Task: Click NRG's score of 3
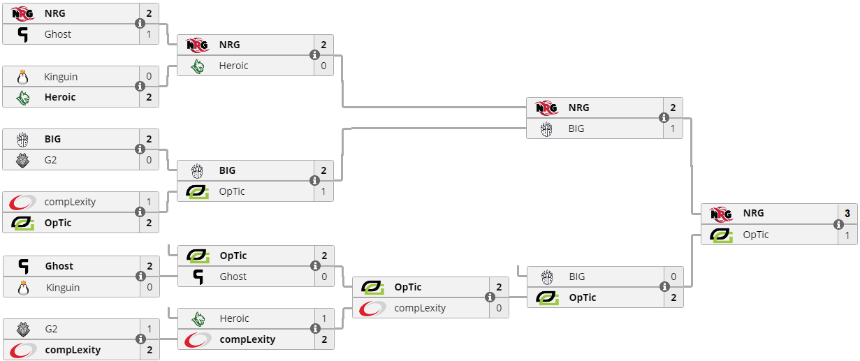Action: point(847,214)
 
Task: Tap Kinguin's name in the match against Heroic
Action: point(60,76)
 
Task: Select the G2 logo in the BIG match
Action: point(23,160)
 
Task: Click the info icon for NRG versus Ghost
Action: point(140,24)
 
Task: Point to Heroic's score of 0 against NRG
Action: point(323,66)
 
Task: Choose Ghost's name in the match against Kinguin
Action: point(59,266)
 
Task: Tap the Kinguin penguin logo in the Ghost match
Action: point(23,287)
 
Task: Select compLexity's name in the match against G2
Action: point(73,350)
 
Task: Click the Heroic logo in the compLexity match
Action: point(198,318)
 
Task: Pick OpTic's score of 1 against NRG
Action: point(847,235)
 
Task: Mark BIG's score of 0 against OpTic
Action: point(673,277)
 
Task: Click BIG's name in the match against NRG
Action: point(576,128)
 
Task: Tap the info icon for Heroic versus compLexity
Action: point(315,329)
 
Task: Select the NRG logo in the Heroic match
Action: point(198,45)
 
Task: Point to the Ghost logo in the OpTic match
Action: point(198,277)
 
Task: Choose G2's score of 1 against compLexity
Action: point(149,329)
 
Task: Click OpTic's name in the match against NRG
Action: point(756,235)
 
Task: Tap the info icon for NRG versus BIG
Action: point(664,118)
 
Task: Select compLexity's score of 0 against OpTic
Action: point(498,308)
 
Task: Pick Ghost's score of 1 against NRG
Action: point(149,34)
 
